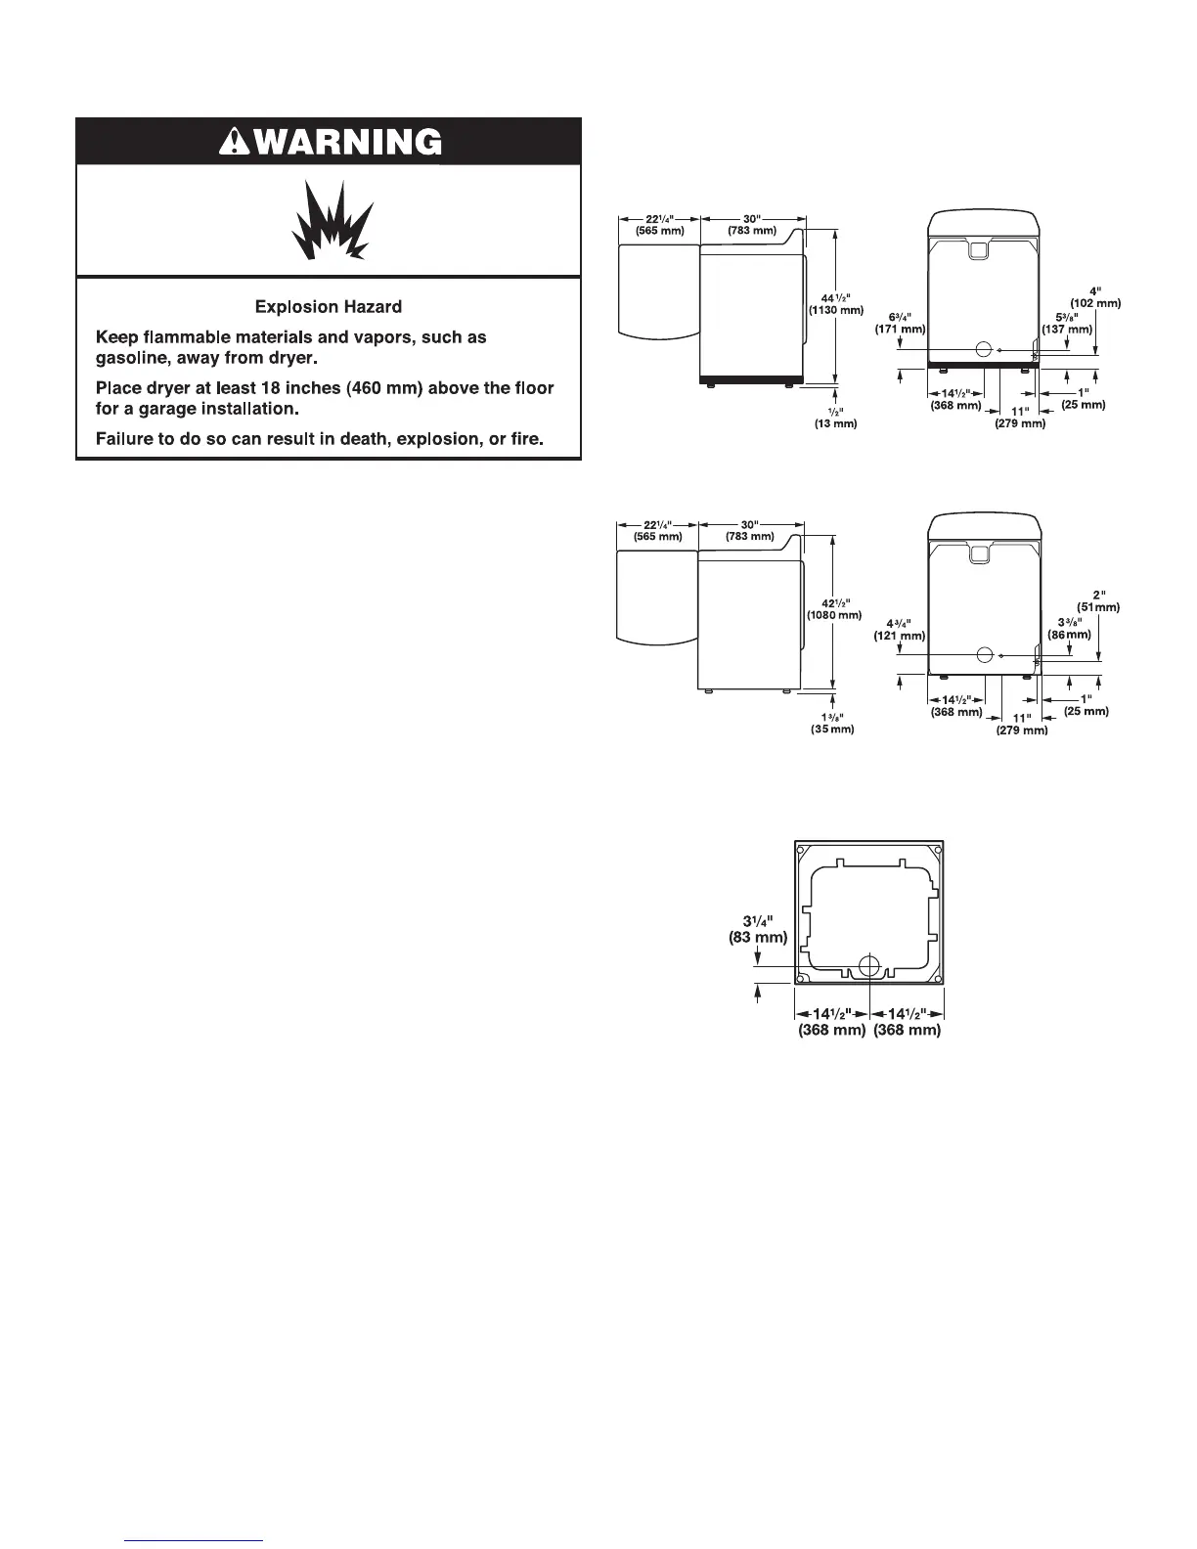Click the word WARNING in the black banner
(x=342, y=143)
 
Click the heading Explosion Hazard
(x=329, y=307)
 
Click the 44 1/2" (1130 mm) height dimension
(x=835, y=304)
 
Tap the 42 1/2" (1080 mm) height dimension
(x=833, y=608)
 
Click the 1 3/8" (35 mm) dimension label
(x=833, y=723)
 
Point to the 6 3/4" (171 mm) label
(x=900, y=323)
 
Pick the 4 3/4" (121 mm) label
(x=899, y=629)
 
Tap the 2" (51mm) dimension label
(x=1098, y=600)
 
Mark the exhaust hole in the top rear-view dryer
(x=985, y=349)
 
